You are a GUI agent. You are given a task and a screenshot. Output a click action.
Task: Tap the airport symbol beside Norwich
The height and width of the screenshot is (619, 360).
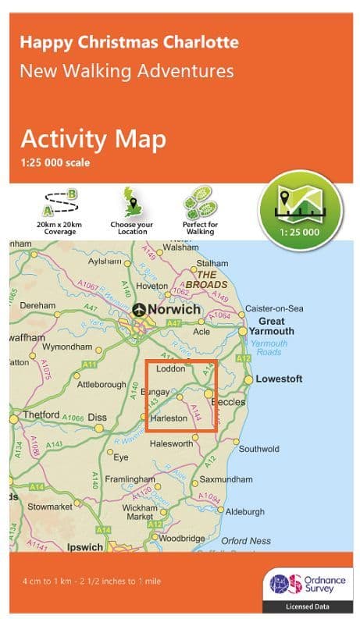pyautogui.click(x=140, y=309)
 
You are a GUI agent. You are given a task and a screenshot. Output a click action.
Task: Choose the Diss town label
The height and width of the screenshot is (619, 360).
pyautogui.click(x=98, y=418)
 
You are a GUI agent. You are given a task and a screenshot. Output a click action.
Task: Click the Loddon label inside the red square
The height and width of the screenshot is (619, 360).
pyautogui.click(x=170, y=368)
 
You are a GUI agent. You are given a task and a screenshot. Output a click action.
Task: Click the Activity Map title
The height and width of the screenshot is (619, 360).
pyautogui.click(x=93, y=139)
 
